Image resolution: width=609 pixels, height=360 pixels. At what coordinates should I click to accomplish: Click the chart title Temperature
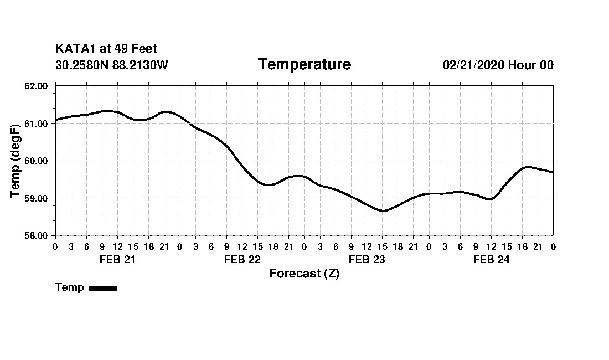point(304,65)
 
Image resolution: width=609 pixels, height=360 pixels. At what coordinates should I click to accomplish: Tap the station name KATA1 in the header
point(75,49)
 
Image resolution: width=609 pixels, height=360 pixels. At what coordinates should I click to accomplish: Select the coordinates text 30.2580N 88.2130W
point(112,65)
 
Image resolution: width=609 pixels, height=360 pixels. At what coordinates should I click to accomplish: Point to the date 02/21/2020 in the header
point(473,65)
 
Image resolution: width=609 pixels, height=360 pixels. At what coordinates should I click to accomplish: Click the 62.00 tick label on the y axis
point(37,86)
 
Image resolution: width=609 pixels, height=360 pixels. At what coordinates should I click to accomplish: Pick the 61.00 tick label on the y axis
point(37,124)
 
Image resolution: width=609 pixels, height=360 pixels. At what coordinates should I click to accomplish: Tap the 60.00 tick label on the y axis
point(37,161)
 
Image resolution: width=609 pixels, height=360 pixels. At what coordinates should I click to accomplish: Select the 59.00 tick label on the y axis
point(37,198)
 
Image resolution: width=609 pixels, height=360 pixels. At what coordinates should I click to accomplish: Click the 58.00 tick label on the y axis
point(37,235)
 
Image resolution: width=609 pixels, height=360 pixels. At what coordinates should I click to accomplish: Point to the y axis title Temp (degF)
point(15,160)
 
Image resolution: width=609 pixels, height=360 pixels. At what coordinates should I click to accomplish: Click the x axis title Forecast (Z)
point(304,274)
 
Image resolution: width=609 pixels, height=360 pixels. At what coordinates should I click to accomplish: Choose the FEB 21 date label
point(117,260)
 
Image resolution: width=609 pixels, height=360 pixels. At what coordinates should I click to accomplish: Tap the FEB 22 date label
point(242,260)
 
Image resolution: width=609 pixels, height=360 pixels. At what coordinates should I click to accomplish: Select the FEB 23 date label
point(367,260)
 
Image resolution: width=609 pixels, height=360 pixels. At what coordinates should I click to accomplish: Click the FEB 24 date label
point(491,260)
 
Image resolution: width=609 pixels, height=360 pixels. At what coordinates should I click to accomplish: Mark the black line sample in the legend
point(103,288)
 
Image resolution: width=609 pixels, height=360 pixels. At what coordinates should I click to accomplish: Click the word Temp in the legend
point(70,287)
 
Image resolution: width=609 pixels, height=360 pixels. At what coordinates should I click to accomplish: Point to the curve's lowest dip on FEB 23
point(383,210)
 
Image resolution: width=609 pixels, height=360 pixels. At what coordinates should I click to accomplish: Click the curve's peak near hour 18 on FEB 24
point(527,167)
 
